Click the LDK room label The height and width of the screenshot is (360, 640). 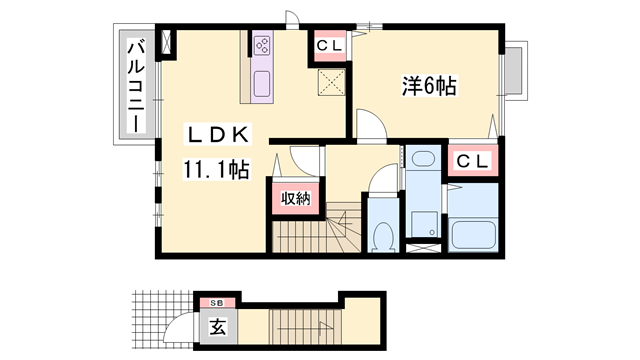[218, 134]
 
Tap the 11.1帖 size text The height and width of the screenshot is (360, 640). [216, 169]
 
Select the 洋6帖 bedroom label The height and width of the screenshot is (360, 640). [429, 86]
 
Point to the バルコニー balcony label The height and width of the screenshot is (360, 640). [136, 86]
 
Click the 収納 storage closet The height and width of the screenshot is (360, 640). [296, 198]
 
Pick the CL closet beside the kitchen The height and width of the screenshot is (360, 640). [330, 45]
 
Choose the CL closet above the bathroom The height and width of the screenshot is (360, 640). [473, 161]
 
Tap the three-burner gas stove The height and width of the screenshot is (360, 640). [262, 46]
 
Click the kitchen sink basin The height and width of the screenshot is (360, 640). [262, 84]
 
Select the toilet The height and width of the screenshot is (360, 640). [383, 237]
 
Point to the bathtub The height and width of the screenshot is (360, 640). [473, 235]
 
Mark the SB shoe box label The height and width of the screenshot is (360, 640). [217, 303]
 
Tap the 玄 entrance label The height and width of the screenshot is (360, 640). [217, 326]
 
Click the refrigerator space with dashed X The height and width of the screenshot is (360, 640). [331, 82]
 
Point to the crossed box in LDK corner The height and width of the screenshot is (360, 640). [166, 41]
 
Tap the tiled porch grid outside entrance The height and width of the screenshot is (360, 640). [162, 319]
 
